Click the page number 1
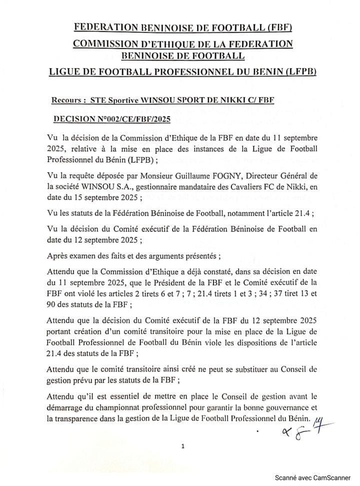coord(183,446)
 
